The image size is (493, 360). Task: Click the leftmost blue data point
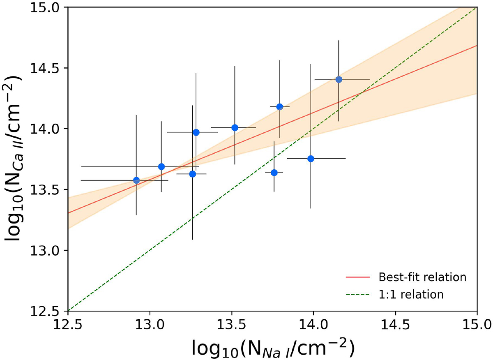click(x=136, y=180)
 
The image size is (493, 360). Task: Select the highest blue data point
click(x=339, y=79)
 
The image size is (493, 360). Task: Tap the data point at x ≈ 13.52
click(x=235, y=127)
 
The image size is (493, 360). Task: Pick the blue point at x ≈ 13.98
click(x=311, y=159)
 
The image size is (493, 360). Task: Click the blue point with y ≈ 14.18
click(x=280, y=107)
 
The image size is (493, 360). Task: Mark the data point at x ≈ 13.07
click(x=161, y=166)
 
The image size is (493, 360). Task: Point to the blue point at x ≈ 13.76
click(x=274, y=173)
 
